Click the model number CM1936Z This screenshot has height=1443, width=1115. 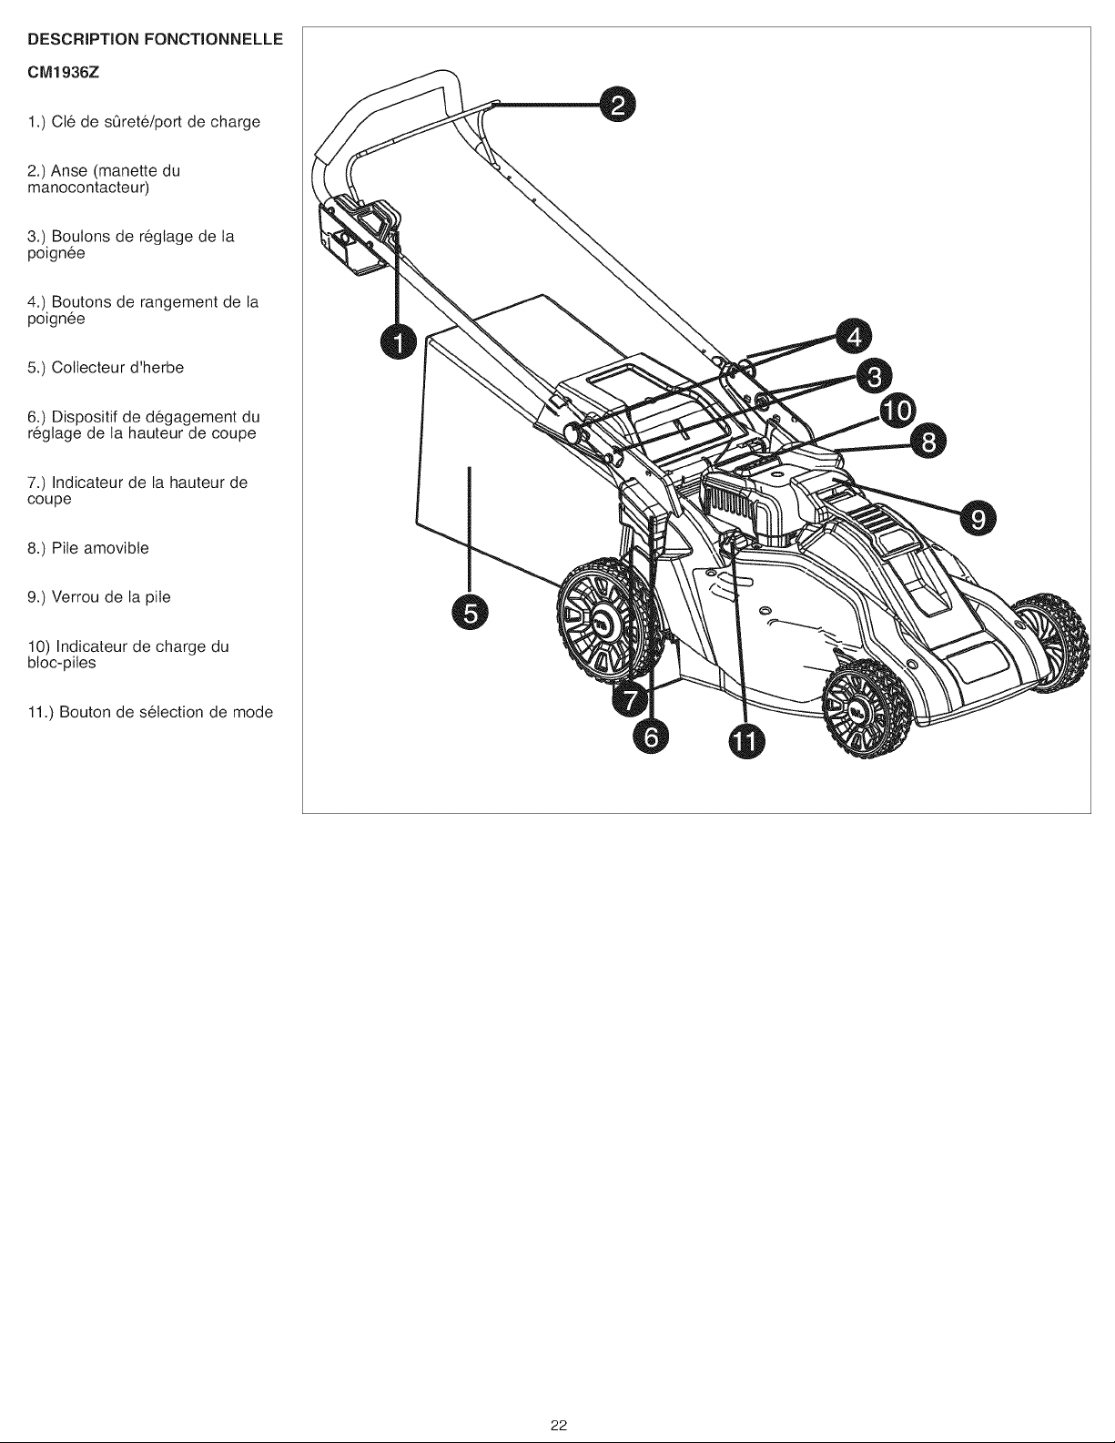point(64,75)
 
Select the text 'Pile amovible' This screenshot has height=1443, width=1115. point(100,548)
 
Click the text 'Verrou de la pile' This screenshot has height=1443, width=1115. point(111,597)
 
